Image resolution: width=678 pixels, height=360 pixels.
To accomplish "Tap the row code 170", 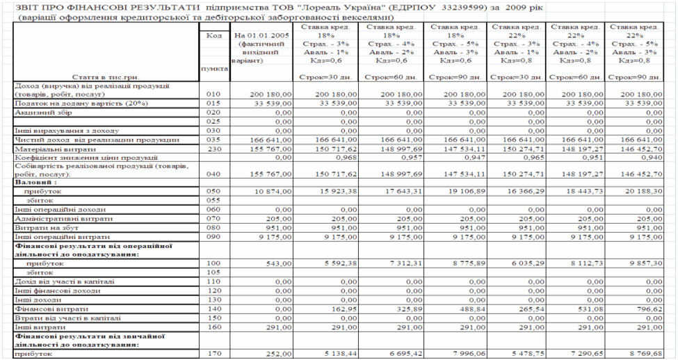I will point(214,353).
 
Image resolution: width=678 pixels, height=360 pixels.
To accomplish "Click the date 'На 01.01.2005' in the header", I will point(261,35).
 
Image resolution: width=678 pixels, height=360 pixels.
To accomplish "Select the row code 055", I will point(214,199).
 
